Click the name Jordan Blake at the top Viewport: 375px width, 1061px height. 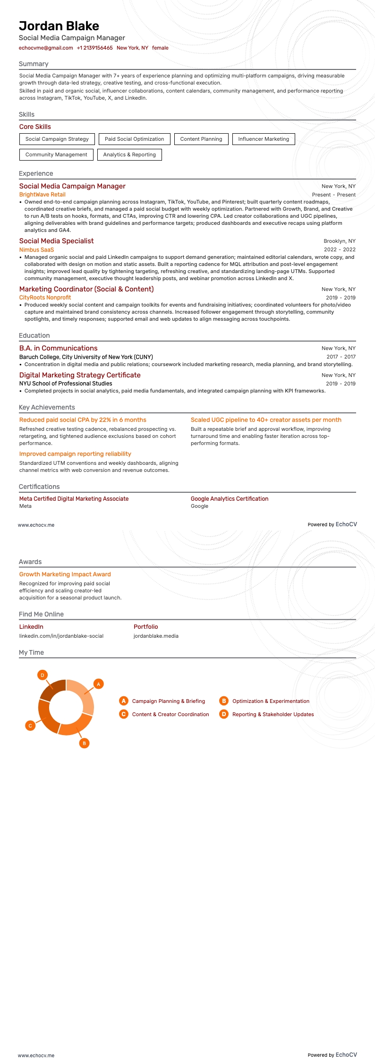pyautogui.click(x=59, y=26)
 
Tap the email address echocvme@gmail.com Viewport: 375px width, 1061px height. pyautogui.click(x=46, y=48)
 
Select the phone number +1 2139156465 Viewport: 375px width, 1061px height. pyautogui.click(x=94, y=48)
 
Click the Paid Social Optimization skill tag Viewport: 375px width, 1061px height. pyautogui.click(x=134, y=139)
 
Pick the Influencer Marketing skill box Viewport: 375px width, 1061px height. pyautogui.click(x=264, y=139)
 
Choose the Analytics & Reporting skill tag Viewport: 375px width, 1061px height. pyautogui.click(x=129, y=154)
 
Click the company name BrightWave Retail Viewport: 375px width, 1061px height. pyautogui.click(x=43, y=195)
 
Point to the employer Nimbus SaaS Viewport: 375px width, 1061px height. pyautogui.click(x=36, y=250)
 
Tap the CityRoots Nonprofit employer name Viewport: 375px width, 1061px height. pyautogui.click(x=45, y=298)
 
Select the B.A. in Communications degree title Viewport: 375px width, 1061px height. pyautogui.click(x=58, y=348)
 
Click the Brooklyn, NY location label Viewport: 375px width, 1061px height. pyautogui.click(x=340, y=241)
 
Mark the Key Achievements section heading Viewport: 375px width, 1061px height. pyautogui.click(x=47, y=407)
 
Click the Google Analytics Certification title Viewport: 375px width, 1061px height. pyautogui.click(x=230, y=499)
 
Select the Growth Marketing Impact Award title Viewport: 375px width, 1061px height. pyautogui.click(x=65, y=574)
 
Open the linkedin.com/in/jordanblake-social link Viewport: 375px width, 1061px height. pyautogui.click(x=61, y=636)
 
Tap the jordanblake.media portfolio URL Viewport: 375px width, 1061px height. pyautogui.click(x=156, y=636)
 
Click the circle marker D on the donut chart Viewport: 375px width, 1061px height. pyautogui.click(x=43, y=675)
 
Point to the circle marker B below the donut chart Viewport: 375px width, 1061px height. pyautogui.click(x=84, y=743)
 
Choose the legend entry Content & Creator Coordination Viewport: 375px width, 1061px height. pyautogui.click(x=170, y=714)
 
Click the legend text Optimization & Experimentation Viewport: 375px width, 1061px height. pyautogui.click(x=271, y=701)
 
